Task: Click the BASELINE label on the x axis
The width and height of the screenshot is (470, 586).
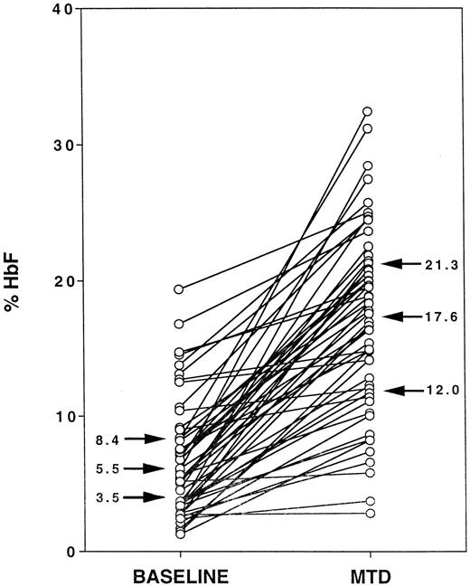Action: (179, 575)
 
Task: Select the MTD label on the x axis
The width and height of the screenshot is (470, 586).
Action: (368, 575)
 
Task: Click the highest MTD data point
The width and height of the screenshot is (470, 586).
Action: (368, 111)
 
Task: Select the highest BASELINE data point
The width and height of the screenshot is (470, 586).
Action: (179, 289)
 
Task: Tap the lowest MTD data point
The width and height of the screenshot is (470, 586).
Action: (368, 513)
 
